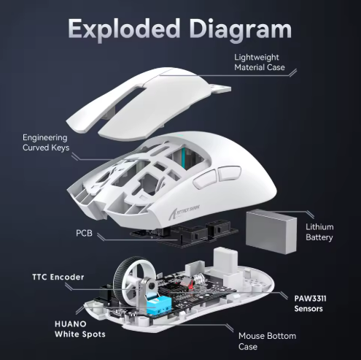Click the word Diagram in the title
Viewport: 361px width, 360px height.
240,28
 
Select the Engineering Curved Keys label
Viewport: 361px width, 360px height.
45,142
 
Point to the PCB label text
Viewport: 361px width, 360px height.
84,233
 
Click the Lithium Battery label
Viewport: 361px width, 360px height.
319,232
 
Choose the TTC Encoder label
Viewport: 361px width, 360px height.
58,277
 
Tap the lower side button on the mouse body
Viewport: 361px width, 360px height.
206,179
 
